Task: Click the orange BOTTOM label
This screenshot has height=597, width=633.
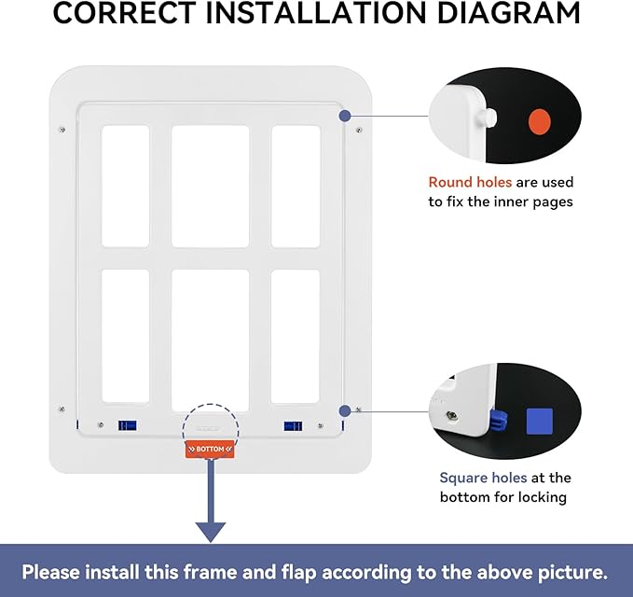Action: [210, 450]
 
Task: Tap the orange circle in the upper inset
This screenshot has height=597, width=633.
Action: [540, 121]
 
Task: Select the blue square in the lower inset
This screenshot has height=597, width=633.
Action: [540, 422]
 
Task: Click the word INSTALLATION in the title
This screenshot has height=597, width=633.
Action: [316, 13]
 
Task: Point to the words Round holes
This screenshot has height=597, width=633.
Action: [470, 182]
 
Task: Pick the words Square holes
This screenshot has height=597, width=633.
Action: [483, 478]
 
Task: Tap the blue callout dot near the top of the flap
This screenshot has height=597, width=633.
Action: [345, 116]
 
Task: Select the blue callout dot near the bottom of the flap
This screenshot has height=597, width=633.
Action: [345, 411]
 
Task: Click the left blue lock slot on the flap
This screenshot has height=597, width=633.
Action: [127, 425]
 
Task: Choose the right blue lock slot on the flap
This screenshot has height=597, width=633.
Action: [293, 426]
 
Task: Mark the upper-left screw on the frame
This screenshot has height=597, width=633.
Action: [62, 130]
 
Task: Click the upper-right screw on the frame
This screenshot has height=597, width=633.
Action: [359, 130]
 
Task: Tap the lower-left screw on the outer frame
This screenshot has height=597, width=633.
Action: [62, 410]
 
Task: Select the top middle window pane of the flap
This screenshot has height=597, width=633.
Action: [210, 187]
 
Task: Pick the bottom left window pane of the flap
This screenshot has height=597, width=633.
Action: [126, 336]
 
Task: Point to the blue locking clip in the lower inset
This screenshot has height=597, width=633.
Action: [498, 421]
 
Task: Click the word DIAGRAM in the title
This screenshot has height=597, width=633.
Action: [508, 13]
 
